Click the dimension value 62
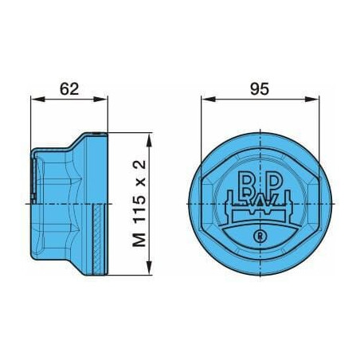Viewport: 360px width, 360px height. pos(69,89)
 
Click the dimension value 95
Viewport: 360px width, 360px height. pos(260,89)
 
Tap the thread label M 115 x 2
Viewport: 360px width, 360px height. pos(139,204)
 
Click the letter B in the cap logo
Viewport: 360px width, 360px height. pos(246,184)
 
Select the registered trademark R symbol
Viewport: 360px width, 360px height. pos(260,236)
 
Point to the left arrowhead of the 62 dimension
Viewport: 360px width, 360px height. pos(37,99)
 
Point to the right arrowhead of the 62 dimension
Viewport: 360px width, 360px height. pos(101,99)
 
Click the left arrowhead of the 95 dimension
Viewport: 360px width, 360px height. pos(208,99)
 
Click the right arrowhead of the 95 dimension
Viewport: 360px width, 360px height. pos(311,99)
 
